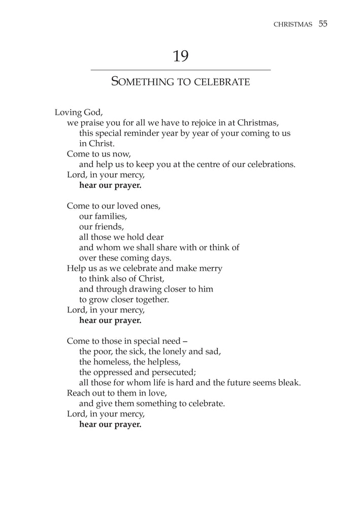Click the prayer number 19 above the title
(x=180, y=56)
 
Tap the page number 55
(x=323, y=24)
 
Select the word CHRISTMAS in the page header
(x=292, y=24)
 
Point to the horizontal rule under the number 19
(x=180, y=70)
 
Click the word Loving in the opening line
(x=69, y=112)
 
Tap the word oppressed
(x=116, y=372)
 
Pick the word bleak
(x=288, y=382)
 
